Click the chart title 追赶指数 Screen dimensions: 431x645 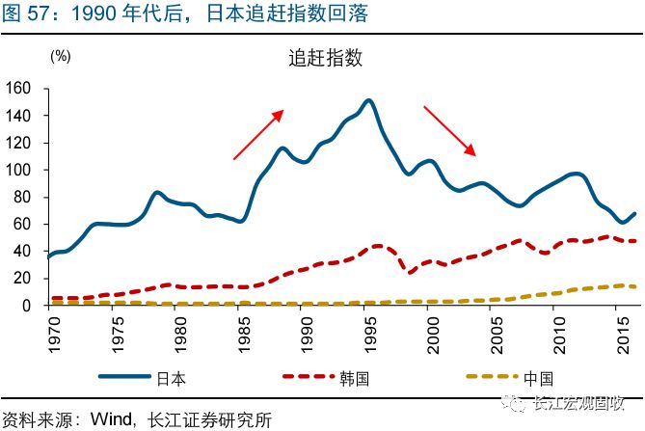tap(324, 57)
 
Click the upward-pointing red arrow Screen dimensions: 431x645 tap(258, 134)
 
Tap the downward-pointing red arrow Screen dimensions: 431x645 tap(450, 130)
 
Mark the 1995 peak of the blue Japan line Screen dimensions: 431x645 tap(368, 100)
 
